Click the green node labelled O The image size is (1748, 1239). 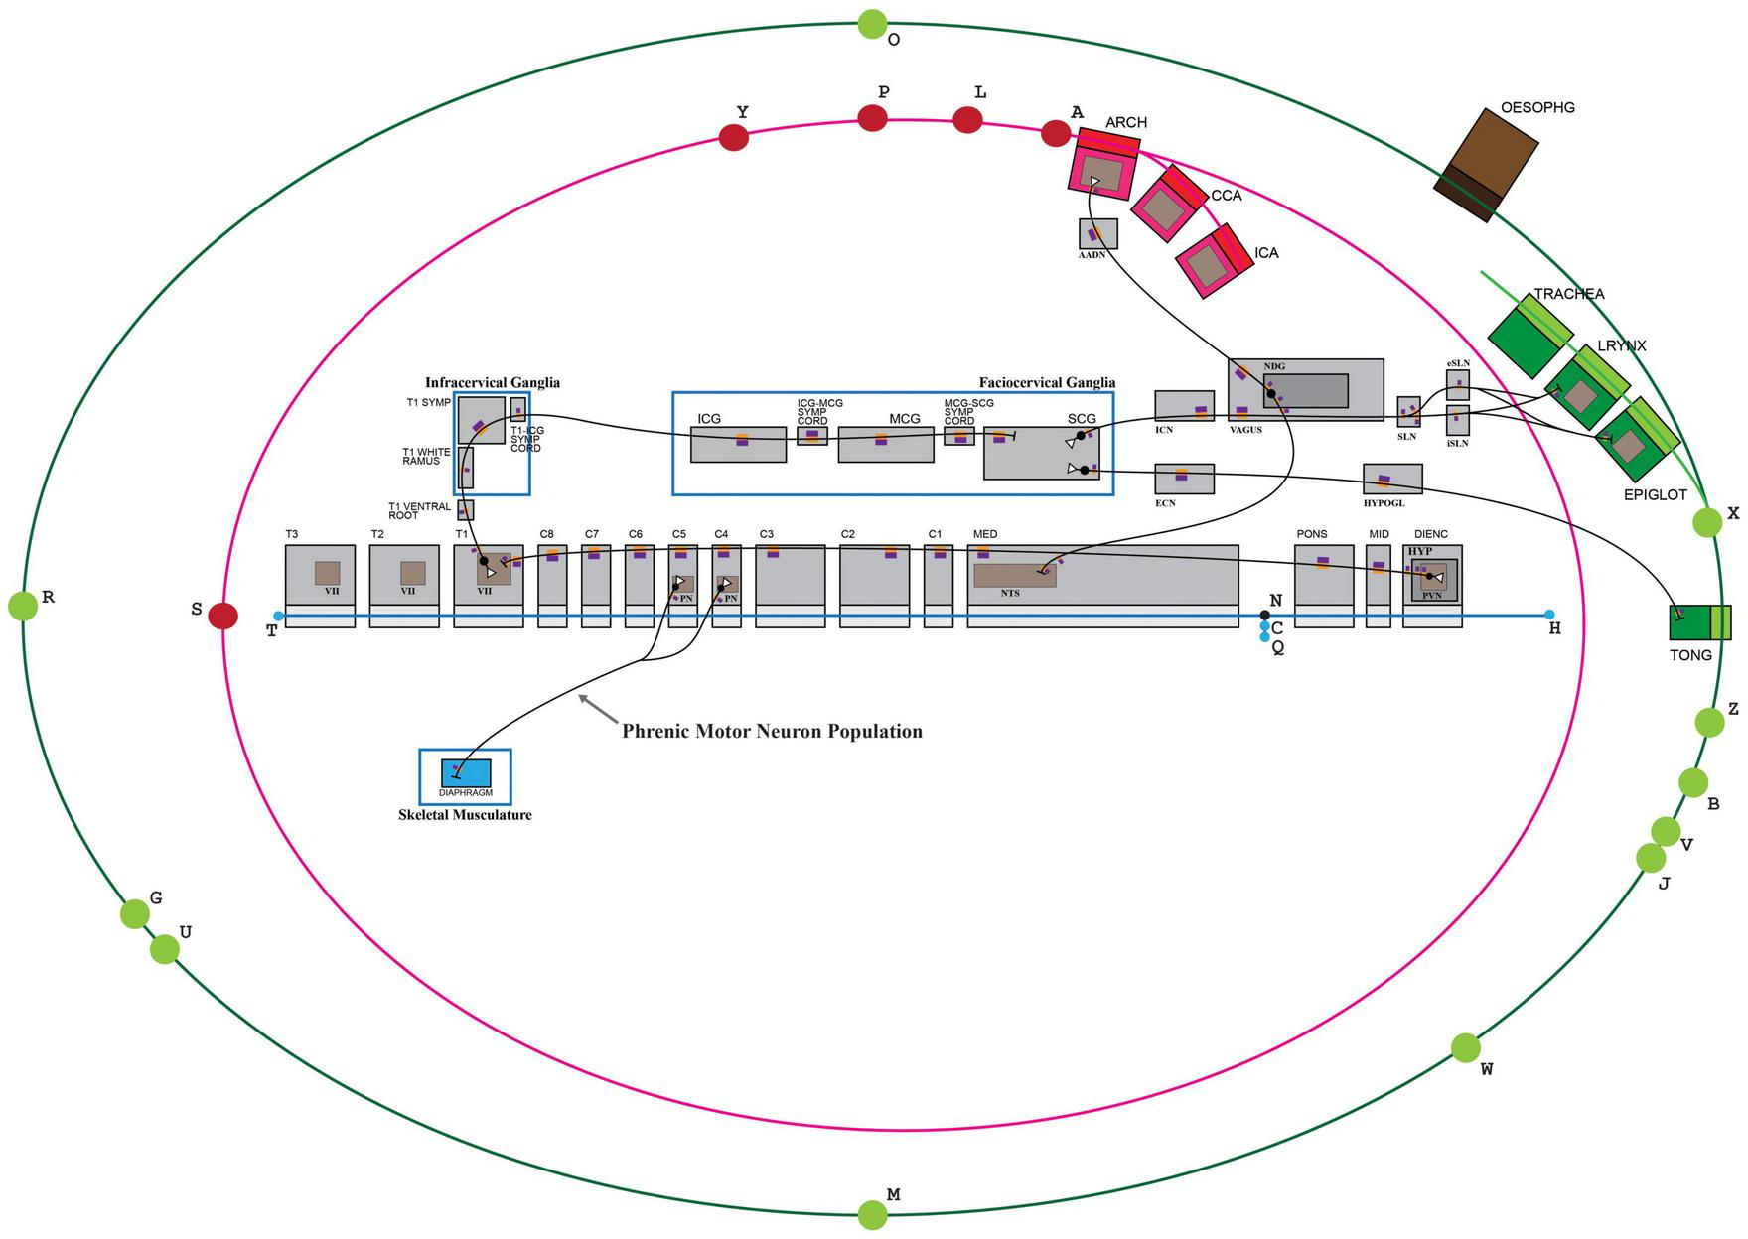(872, 23)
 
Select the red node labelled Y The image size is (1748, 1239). (733, 137)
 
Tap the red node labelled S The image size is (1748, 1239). (223, 616)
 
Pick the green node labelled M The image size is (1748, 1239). (872, 1214)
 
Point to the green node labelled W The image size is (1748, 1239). (1465, 1047)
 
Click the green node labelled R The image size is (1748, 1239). (23, 605)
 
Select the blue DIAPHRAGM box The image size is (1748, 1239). (466, 773)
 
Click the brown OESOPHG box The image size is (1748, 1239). (1486, 164)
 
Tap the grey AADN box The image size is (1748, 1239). (1097, 234)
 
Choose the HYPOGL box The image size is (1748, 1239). (1392, 479)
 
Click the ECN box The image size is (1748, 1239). (1184, 479)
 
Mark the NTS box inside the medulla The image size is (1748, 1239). (1013, 575)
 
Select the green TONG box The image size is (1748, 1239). (1699, 621)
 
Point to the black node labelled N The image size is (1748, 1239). (1264, 616)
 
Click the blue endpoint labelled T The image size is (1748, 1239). (278, 617)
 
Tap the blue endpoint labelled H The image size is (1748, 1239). (1549, 616)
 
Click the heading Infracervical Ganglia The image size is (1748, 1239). (492, 382)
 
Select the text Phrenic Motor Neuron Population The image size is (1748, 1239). (772, 732)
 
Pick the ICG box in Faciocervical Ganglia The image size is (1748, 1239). (738, 444)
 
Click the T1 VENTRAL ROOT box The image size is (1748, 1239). (466, 510)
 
